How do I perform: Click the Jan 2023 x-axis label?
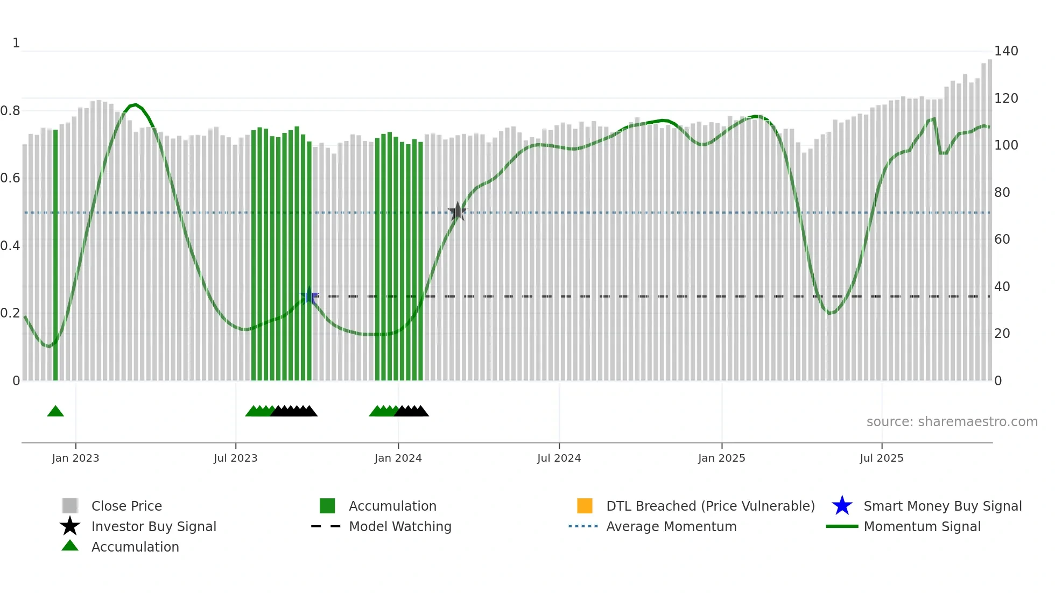75,458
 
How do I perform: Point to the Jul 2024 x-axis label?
559,458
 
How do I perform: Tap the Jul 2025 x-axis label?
881,458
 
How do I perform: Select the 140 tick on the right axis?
1005,51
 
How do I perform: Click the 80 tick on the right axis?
1002,192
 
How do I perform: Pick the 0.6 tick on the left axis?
10,178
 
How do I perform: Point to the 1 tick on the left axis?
16,43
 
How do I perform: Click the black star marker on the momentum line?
458,211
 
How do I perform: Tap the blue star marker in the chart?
309,295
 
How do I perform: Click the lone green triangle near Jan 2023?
55,412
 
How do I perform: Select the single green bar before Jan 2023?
55,255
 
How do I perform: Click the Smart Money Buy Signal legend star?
842,506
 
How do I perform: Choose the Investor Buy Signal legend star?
70,526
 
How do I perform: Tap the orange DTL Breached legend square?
585,506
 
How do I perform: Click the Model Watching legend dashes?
326,526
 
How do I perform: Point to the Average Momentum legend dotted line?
583,526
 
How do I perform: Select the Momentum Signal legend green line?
842,526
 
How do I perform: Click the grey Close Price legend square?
70,506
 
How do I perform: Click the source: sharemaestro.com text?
952,422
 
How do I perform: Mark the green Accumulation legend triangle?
70,546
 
